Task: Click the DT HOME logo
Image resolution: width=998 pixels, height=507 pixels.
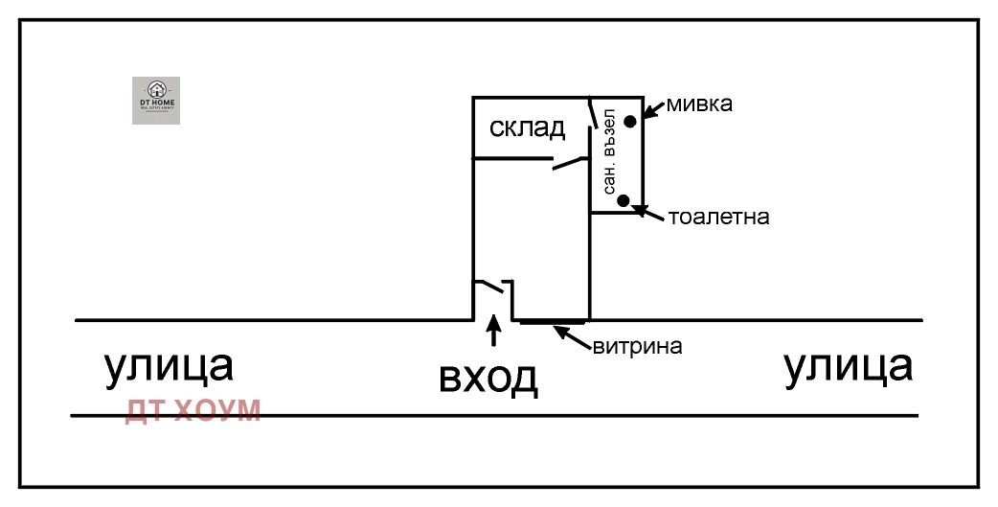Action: (155, 100)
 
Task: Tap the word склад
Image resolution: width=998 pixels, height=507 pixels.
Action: (527, 127)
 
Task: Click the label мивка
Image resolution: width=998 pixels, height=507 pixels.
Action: (699, 104)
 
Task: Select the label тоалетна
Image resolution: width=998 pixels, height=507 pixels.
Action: (719, 217)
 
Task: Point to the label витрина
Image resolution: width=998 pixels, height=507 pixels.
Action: (637, 346)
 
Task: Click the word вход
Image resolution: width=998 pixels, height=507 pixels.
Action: (488, 379)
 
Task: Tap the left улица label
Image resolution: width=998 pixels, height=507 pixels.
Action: (169, 366)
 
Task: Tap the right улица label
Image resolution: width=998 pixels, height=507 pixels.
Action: (848, 366)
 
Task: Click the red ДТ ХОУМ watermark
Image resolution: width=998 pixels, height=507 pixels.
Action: (193, 410)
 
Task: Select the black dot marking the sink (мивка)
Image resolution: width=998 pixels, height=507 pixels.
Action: (630, 121)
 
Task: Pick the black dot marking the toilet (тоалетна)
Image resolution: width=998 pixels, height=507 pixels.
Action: (624, 200)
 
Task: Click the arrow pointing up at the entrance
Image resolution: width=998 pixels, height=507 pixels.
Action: (494, 331)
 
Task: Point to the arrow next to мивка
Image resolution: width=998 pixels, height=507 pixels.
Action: (653, 111)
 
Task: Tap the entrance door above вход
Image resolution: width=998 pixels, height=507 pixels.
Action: (492, 287)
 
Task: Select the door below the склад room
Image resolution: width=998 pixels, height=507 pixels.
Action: (569, 164)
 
